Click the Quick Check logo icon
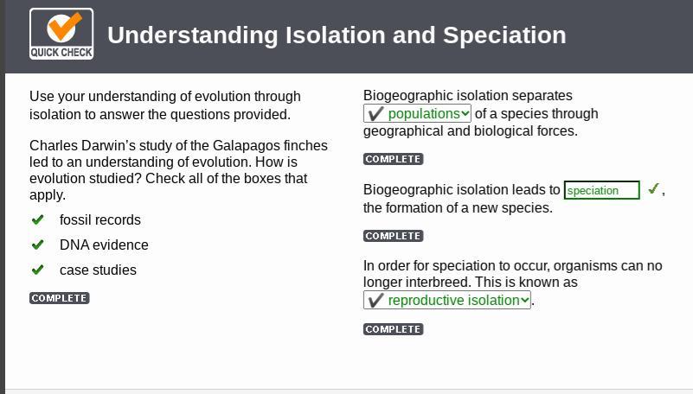click(61, 34)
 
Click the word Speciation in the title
click(504, 35)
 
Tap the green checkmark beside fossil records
click(37, 219)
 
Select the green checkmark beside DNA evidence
click(37, 245)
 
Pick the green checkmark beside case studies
click(37, 269)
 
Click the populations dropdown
click(417, 113)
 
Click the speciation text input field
click(601, 190)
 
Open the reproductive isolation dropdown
click(446, 300)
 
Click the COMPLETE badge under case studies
click(59, 298)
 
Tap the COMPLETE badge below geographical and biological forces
click(394, 159)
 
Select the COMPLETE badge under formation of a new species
click(394, 236)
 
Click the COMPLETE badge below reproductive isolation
click(394, 329)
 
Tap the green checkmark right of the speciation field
click(654, 189)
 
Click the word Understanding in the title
click(193, 36)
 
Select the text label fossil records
click(100, 219)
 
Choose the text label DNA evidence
click(104, 245)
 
